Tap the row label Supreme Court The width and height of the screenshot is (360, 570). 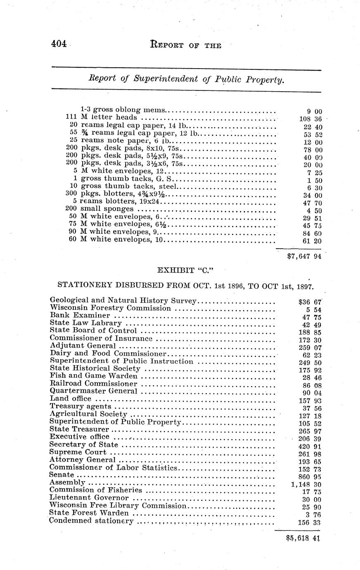(x=78, y=452)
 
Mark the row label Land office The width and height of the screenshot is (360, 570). (x=70, y=399)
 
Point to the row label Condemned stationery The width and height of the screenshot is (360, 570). (x=91, y=521)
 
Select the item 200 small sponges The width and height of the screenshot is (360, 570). (x=99, y=209)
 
